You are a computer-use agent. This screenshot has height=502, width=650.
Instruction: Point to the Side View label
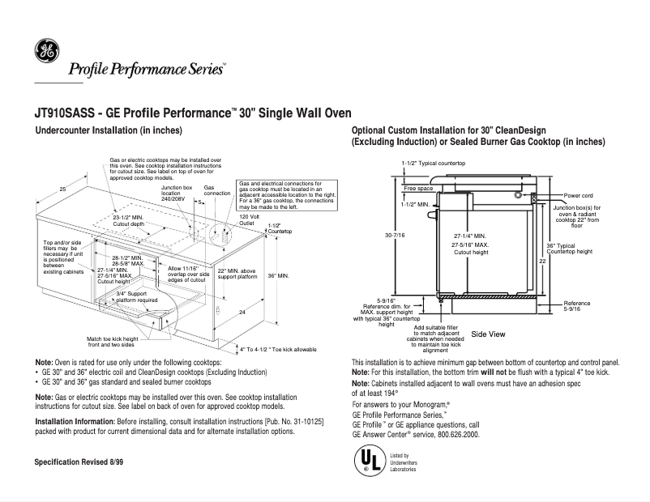(x=488, y=334)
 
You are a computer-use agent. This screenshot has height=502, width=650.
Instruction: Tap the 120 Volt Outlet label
(x=248, y=219)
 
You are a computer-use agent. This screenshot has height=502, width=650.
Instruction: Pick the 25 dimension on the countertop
(x=62, y=189)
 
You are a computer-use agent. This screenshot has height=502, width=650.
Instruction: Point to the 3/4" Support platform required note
(x=136, y=296)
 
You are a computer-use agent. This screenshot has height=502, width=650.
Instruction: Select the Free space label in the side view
(x=418, y=188)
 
